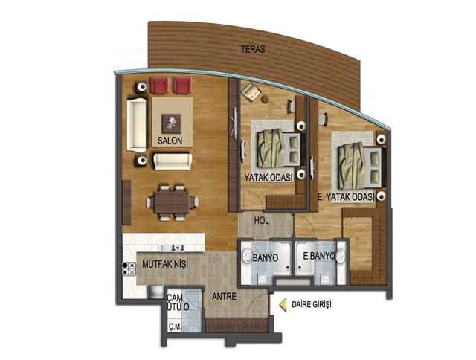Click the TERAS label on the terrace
(x=253, y=49)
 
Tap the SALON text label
(x=170, y=141)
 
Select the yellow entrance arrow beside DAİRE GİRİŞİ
(x=283, y=305)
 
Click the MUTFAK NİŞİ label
(x=165, y=264)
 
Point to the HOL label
(x=261, y=221)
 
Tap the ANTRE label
(x=224, y=296)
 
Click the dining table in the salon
(x=172, y=202)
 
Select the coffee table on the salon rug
(x=172, y=123)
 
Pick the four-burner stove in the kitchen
(x=129, y=269)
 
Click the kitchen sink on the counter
(x=173, y=248)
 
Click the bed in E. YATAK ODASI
(x=360, y=166)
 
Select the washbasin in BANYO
(x=246, y=257)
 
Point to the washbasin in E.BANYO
(x=341, y=257)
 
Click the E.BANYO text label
(x=319, y=256)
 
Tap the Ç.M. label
(x=175, y=327)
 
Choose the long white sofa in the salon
(x=137, y=124)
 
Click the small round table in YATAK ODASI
(x=265, y=99)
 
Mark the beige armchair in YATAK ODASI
(x=251, y=91)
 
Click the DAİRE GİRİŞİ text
(x=312, y=304)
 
